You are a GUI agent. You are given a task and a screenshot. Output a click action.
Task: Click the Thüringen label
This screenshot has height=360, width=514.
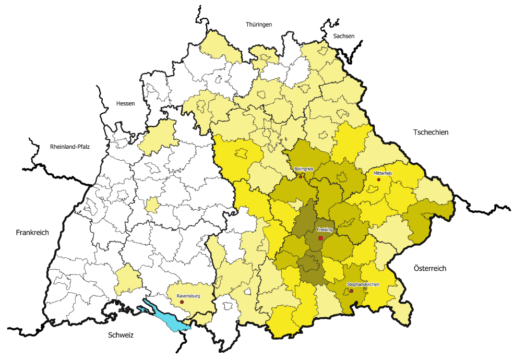point(259,25)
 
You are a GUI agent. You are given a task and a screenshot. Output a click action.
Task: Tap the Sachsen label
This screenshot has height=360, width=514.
point(343,36)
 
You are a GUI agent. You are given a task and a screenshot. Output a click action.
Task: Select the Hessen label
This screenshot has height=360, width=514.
point(125,103)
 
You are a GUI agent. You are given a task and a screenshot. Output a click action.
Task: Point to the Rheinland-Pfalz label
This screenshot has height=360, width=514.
point(70,147)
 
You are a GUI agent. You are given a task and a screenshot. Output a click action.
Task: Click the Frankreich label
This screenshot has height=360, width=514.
point(32,233)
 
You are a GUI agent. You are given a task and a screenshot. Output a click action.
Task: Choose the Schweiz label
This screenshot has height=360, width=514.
point(121,335)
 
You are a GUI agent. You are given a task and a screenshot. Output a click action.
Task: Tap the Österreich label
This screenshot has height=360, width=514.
point(430,268)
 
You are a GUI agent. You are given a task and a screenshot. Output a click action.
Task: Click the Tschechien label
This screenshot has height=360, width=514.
point(431,133)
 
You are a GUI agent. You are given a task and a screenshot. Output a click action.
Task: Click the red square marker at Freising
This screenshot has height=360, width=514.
point(321,238)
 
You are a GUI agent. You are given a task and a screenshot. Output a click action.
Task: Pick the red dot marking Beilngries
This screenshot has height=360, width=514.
point(301,177)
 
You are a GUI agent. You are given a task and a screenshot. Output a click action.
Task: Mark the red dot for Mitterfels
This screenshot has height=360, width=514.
point(379,179)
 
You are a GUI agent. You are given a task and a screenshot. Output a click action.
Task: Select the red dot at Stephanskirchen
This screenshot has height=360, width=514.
point(352,291)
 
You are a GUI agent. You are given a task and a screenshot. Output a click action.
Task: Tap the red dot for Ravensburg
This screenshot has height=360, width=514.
point(182,302)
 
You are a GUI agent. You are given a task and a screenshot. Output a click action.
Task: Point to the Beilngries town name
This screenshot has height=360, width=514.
point(303,170)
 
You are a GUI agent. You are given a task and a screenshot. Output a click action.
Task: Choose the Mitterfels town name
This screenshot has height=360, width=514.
point(382,173)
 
